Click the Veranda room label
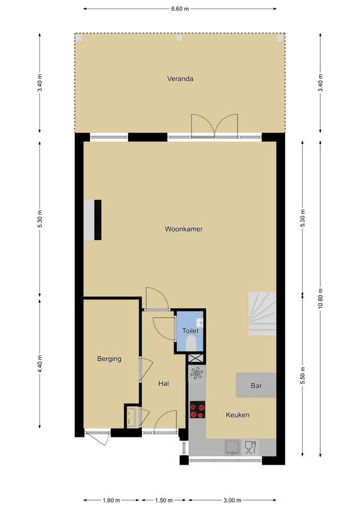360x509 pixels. [180, 79]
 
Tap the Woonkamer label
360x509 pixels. [184, 229]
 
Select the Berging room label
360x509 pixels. [109, 359]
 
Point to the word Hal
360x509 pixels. [164, 384]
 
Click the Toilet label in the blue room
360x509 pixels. [190, 331]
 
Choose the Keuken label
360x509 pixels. [237, 414]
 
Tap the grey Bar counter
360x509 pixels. [256, 385]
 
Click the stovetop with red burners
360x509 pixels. [198, 410]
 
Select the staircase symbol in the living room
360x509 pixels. [263, 313]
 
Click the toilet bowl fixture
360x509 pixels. [190, 343]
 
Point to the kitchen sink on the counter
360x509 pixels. [233, 447]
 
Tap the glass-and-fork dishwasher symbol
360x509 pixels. [251, 447]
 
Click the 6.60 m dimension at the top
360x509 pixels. [180, 9]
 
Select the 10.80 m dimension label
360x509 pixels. [320, 298]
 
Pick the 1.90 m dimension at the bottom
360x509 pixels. [111, 500]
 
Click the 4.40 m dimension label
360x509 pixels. [40, 364]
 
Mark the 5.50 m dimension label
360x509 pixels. [302, 376]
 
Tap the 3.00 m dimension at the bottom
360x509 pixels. [233, 500]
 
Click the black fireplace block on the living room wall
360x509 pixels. [97, 220]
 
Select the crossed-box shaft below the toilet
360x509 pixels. [196, 359]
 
